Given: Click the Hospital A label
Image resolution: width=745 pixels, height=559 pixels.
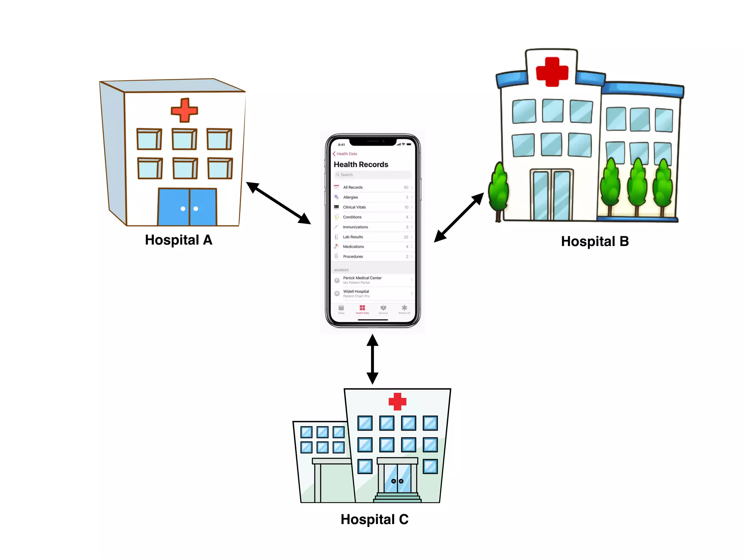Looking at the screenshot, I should [x=179, y=240].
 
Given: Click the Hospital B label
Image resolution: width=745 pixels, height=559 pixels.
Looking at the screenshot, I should [x=595, y=242].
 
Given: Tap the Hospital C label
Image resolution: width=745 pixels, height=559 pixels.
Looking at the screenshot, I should [x=374, y=519].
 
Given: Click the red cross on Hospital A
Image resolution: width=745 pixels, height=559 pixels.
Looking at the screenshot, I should [x=184, y=110].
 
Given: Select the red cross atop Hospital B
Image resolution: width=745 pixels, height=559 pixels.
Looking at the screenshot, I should [x=552, y=72].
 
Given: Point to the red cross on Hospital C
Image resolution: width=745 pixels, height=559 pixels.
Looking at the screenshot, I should [x=397, y=402].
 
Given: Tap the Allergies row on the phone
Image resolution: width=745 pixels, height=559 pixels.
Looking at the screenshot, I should [x=372, y=197].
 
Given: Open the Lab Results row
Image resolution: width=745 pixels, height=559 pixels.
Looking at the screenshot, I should [x=372, y=237].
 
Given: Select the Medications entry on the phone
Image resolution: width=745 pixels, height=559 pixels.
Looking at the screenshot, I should [x=372, y=247].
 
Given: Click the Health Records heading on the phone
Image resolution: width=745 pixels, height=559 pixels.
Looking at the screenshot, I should [x=361, y=164].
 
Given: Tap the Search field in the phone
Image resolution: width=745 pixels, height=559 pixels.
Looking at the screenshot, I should [x=372, y=175].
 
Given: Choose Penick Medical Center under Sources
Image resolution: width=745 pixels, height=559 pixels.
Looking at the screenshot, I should [x=372, y=280].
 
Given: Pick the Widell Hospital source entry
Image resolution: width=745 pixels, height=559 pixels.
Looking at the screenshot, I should [x=372, y=293].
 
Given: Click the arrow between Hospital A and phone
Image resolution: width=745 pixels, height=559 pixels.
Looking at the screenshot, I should [x=279, y=203].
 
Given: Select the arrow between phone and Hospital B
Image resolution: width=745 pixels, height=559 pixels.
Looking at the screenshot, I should [x=459, y=217].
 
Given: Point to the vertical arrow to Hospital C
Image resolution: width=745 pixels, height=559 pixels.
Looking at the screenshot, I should [x=372, y=359].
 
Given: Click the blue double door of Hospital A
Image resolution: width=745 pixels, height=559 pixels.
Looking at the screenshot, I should [x=187, y=207].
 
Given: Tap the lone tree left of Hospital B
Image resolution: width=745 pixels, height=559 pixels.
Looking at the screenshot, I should [x=498, y=189].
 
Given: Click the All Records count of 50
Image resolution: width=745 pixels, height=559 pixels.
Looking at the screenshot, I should [x=406, y=187].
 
